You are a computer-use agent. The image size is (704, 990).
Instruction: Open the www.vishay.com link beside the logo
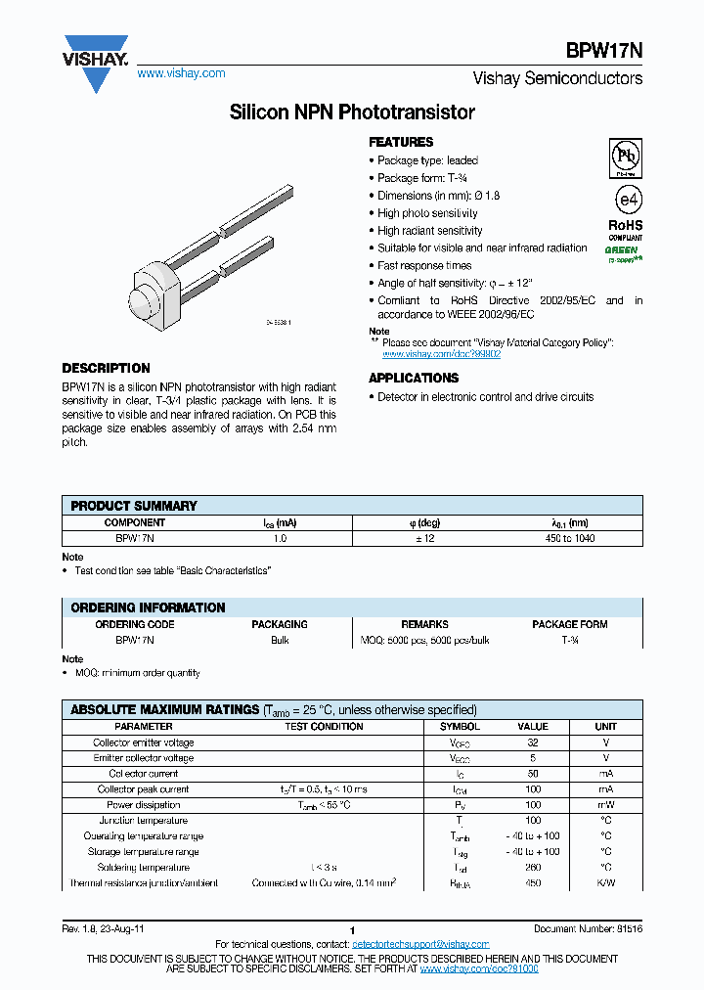[x=181, y=73]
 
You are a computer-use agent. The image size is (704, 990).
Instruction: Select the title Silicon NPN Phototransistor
[x=352, y=112]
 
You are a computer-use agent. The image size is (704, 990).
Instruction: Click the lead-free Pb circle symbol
[x=625, y=156]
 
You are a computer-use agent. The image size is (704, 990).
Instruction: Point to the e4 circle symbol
[x=626, y=199]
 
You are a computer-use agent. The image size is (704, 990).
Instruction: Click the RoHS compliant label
[x=626, y=231]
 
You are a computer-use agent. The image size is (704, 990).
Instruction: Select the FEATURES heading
[x=401, y=142]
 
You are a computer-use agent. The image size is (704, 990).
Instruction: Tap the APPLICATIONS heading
[x=414, y=378]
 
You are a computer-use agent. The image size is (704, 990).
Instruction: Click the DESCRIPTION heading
[x=107, y=369]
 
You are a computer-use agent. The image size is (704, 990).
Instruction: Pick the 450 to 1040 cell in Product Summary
[x=566, y=538]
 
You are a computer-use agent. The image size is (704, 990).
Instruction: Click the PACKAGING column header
[x=280, y=624]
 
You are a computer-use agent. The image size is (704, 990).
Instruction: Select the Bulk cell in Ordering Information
[x=280, y=640]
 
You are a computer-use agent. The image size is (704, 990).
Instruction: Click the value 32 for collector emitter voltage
[x=533, y=742]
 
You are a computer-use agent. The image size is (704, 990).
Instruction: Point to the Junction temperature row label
[x=144, y=821]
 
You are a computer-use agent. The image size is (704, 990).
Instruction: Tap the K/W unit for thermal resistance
[x=605, y=883]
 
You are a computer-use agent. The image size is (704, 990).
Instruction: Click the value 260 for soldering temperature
[x=533, y=868]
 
